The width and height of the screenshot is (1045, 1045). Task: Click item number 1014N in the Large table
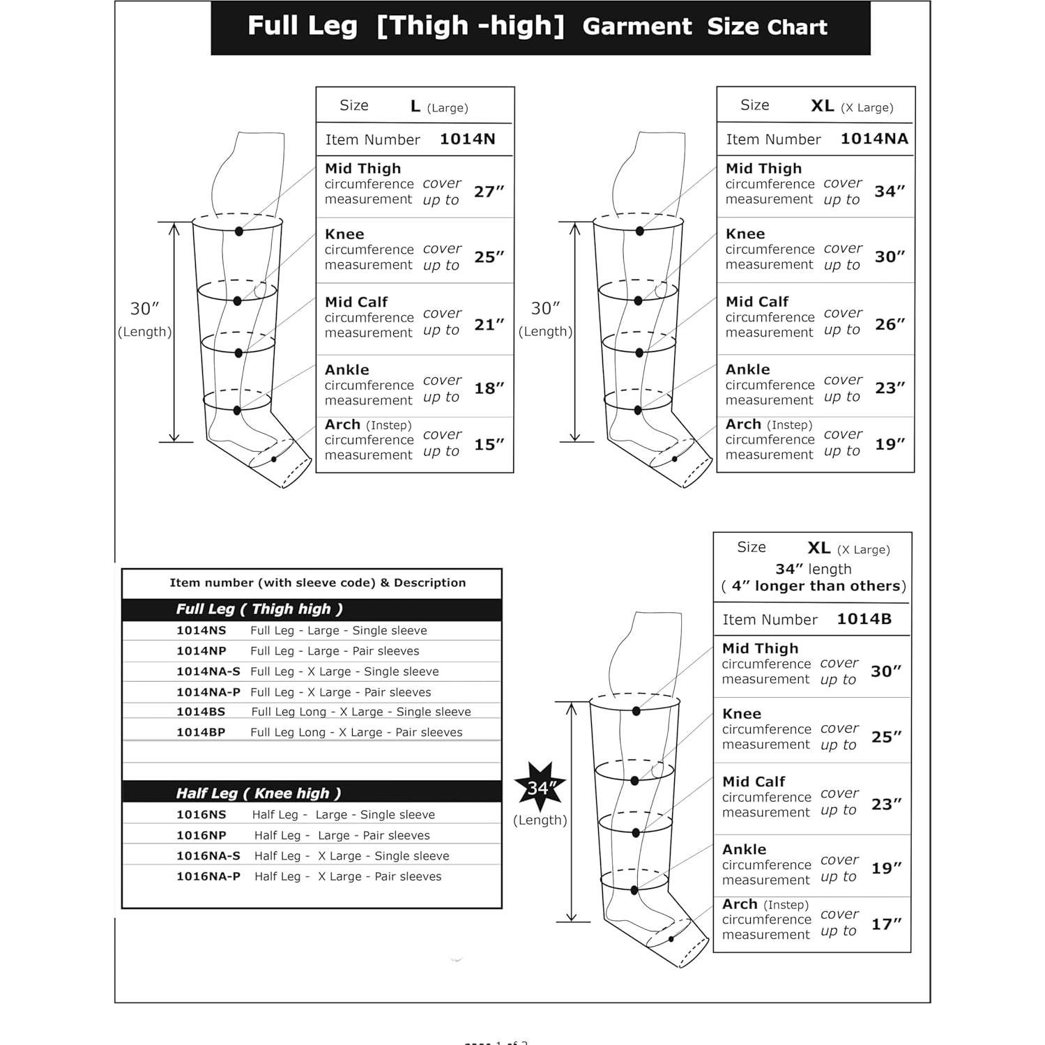[467, 139]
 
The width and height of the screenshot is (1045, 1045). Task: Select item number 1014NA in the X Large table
[874, 139]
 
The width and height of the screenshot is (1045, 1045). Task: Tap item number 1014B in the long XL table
[864, 619]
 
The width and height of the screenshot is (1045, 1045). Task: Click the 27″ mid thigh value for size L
[489, 192]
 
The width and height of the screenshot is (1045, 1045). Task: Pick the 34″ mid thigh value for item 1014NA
[890, 191]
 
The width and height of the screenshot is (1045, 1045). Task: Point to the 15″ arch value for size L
[489, 445]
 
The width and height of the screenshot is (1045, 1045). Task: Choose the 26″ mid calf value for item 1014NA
[890, 324]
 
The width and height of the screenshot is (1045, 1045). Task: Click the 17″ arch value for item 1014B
[886, 924]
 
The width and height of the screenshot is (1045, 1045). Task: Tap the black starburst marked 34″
[540, 788]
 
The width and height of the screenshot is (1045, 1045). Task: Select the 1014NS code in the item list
[201, 630]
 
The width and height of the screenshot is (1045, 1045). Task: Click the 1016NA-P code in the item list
[208, 876]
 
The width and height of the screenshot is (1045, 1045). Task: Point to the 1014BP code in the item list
[201, 732]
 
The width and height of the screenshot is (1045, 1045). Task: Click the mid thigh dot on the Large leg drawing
[239, 231]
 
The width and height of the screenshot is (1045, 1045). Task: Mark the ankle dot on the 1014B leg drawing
[634, 890]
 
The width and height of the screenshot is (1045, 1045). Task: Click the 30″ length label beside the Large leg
[145, 309]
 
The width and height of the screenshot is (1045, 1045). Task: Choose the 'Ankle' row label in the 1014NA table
[747, 369]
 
